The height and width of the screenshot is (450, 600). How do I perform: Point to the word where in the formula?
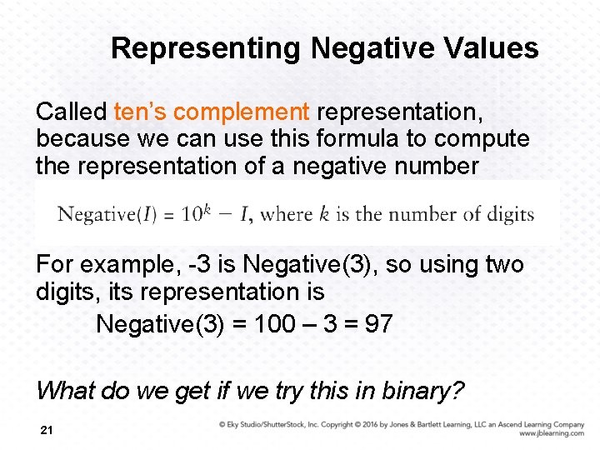pos(286,214)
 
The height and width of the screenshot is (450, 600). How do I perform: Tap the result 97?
pos(377,323)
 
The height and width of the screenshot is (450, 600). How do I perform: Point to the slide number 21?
pos(47,429)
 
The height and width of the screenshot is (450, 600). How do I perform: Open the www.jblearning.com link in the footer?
pos(551,434)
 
